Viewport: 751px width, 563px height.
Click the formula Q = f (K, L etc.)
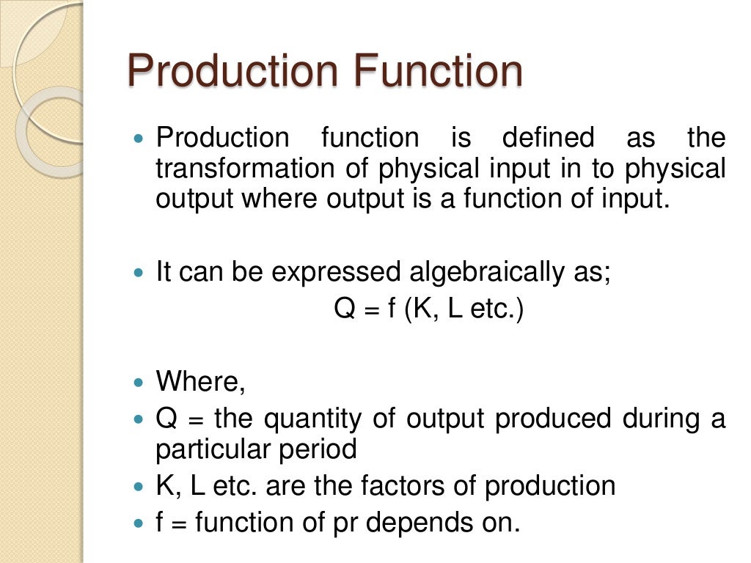click(429, 309)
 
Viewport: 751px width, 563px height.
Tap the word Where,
click(200, 382)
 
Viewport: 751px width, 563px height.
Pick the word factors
click(415, 486)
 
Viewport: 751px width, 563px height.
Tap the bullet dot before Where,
click(141, 383)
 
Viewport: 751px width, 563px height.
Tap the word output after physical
click(188, 199)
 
